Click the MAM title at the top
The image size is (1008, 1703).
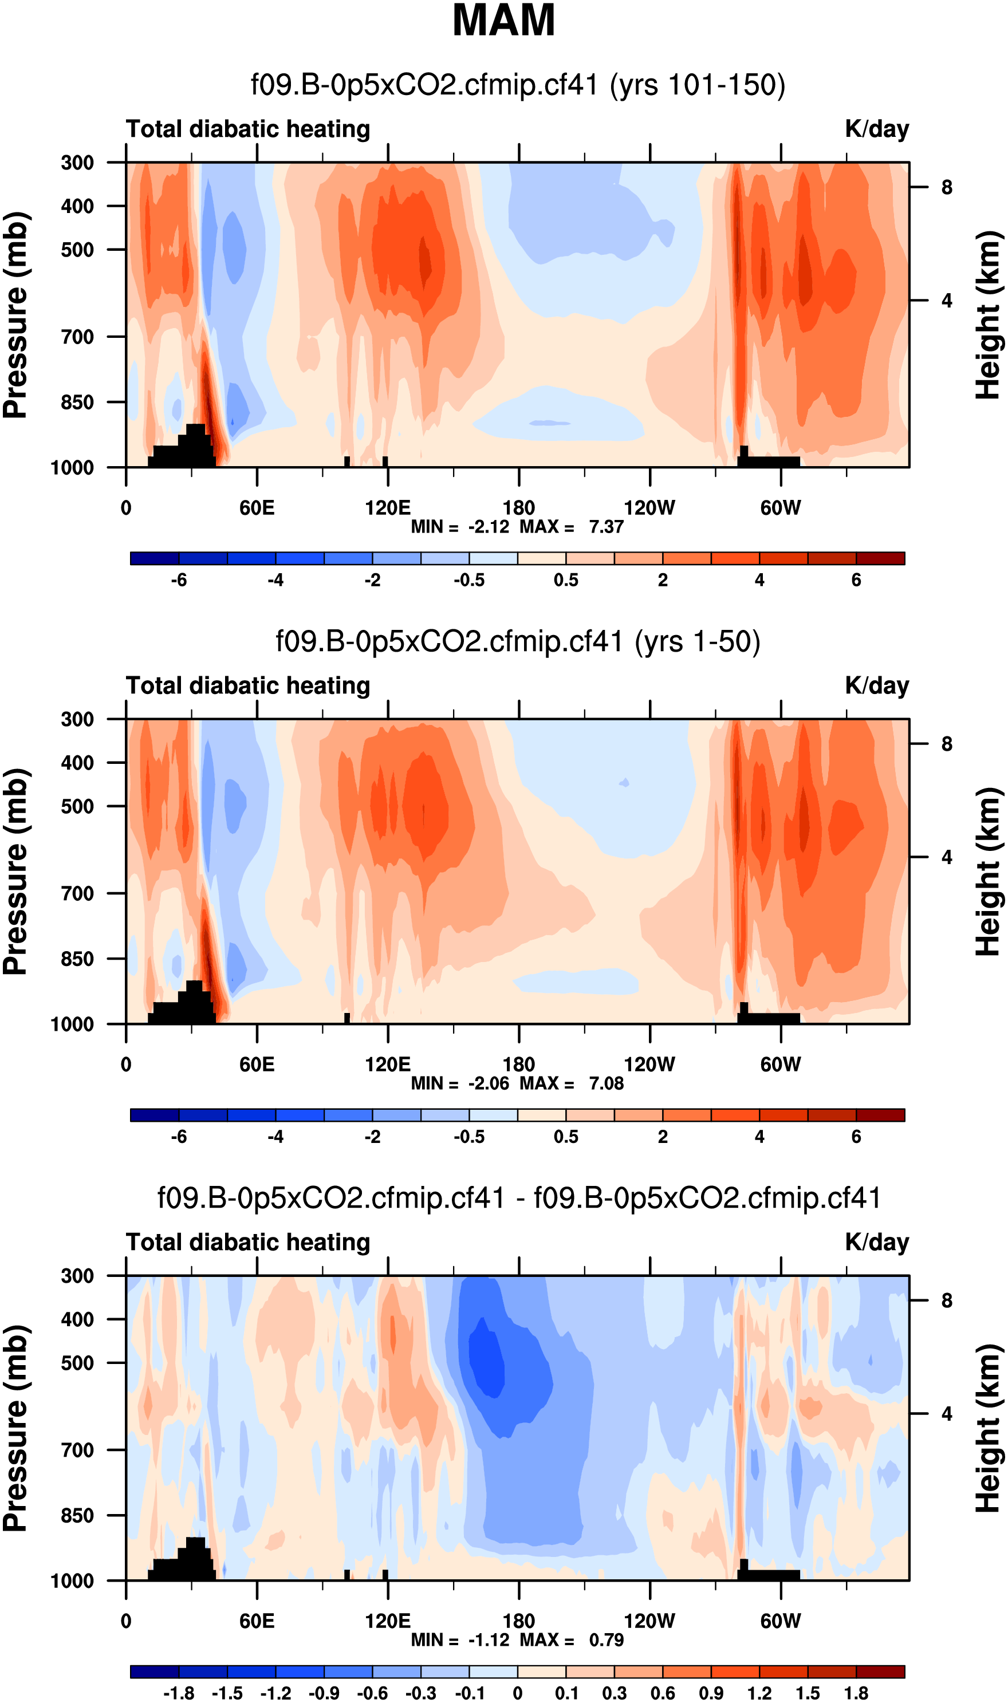point(503,21)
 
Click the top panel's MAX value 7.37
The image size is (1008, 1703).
point(606,527)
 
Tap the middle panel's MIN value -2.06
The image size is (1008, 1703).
point(489,1083)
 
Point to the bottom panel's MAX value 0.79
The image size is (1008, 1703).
point(606,1640)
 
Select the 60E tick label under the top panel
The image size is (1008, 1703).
point(257,508)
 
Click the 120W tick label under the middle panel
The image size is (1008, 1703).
point(649,1064)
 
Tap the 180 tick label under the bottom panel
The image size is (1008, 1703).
point(518,1621)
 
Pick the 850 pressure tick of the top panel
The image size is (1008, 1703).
point(77,402)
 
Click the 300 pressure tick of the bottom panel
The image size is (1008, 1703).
point(77,1276)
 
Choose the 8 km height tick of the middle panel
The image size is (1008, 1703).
point(946,744)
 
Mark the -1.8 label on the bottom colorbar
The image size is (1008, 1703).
point(179,1693)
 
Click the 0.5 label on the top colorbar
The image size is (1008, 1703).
point(566,580)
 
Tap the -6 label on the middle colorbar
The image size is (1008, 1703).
point(179,1137)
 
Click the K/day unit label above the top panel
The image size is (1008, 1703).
point(876,129)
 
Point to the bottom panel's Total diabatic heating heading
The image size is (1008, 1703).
point(248,1242)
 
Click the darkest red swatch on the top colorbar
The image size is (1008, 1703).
point(880,559)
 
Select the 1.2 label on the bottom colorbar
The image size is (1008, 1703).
point(759,1693)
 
